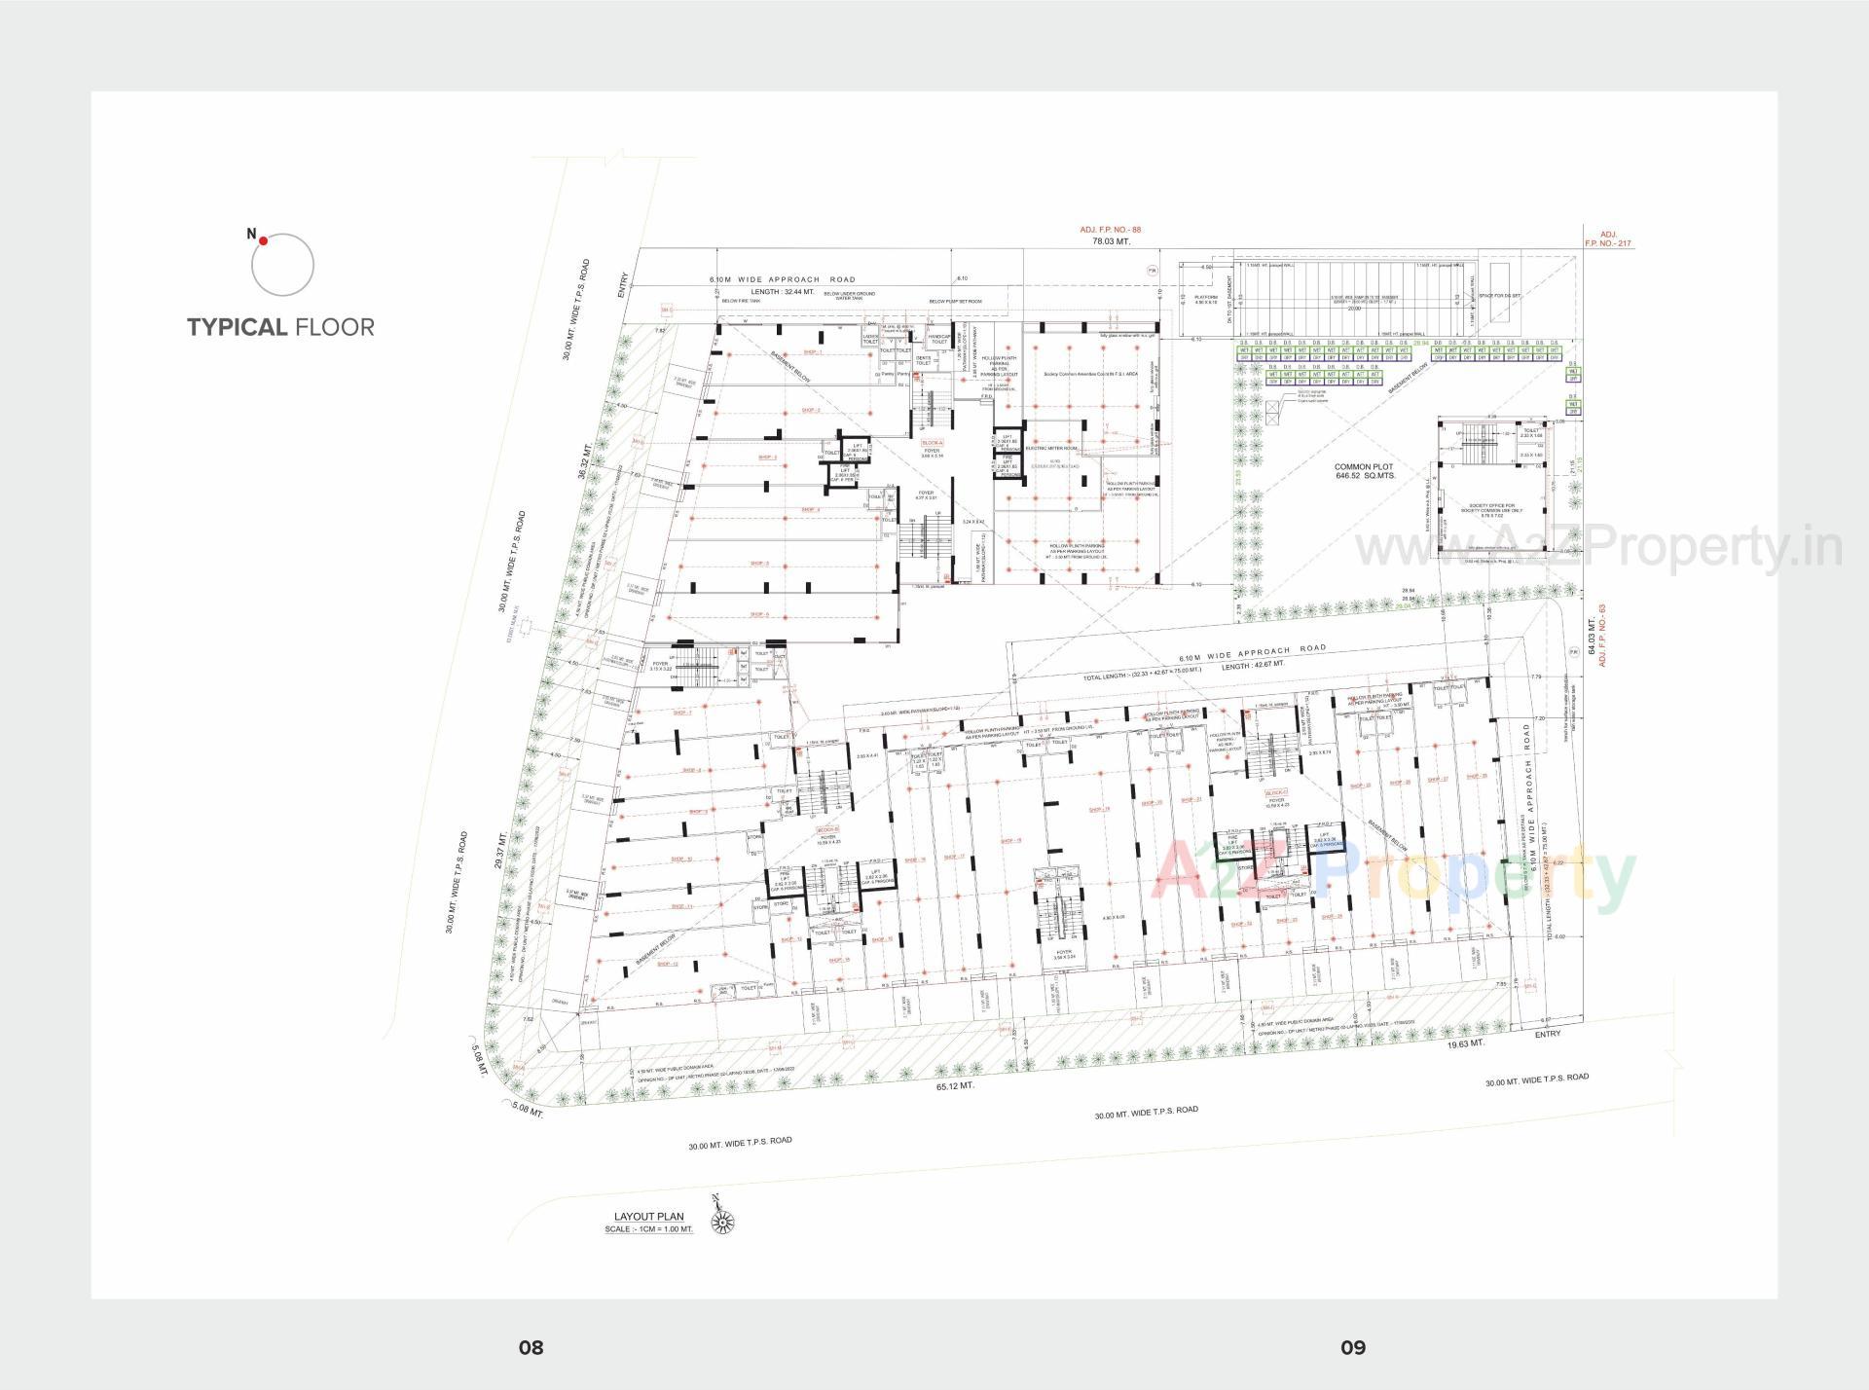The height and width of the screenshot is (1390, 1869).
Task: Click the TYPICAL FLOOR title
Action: coord(280,327)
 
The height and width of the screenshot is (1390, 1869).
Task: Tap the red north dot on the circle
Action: coord(263,239)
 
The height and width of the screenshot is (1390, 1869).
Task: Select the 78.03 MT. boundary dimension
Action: coord(1111,241)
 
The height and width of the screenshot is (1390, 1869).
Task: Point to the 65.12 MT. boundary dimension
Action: coord(955,1084)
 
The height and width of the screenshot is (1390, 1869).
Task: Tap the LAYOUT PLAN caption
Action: coord(648,1217)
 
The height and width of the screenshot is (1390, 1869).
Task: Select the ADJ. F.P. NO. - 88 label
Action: coord(1110,230)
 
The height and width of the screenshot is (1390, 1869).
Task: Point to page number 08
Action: coord(531,1347)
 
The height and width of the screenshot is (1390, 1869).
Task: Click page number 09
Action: coord(1353,1347)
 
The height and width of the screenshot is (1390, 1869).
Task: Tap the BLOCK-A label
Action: coord(933,443)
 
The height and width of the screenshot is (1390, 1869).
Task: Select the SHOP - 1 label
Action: coord(812,352)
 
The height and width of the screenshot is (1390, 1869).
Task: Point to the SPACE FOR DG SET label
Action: coord(1500,296)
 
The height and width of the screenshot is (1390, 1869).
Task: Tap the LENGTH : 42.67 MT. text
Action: coord(1252,665)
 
